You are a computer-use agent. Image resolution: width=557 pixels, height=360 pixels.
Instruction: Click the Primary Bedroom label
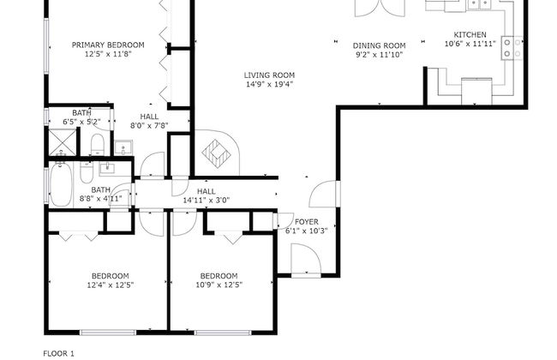point(108,45)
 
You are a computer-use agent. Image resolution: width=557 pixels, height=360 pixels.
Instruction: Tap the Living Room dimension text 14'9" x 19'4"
point(270,85)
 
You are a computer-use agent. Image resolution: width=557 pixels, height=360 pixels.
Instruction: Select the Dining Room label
point(379,45)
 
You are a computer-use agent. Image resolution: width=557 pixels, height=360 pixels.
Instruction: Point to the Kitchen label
point(470,35)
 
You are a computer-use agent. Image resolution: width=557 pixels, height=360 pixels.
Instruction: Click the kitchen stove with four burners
point(512,48)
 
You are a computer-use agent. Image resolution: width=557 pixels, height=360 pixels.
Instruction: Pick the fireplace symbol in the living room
point(216,153)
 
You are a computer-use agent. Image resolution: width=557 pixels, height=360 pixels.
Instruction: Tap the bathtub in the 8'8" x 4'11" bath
point(61,183)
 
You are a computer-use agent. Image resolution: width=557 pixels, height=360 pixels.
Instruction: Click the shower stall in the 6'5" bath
point(63,142)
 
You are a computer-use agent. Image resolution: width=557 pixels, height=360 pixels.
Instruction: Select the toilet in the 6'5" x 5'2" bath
point(97,145)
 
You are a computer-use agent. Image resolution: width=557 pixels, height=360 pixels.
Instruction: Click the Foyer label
point(307,222)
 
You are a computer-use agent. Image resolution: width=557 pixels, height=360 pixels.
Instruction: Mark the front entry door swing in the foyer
point(306,258)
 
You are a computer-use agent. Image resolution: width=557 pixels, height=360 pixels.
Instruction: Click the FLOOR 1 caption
point(58,354)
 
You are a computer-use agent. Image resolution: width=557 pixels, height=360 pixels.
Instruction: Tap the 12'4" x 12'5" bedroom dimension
point(111,285)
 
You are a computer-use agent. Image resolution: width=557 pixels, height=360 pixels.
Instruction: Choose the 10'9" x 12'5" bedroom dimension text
point(219,285)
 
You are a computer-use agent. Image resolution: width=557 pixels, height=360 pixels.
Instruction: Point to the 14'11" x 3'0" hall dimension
point(207,201)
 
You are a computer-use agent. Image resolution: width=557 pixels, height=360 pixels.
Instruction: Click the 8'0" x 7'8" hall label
point(149,126)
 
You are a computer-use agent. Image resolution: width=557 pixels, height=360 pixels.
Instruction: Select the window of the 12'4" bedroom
point(108,333)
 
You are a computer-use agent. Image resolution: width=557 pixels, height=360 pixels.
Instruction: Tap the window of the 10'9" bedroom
point(223,333)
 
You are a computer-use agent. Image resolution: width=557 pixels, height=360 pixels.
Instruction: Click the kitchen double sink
point(479,3)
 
